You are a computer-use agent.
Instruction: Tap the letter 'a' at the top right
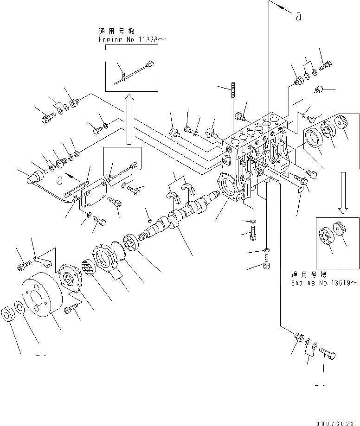coord(298,16)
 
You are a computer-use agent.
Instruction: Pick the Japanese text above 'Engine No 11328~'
coord(116,32)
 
